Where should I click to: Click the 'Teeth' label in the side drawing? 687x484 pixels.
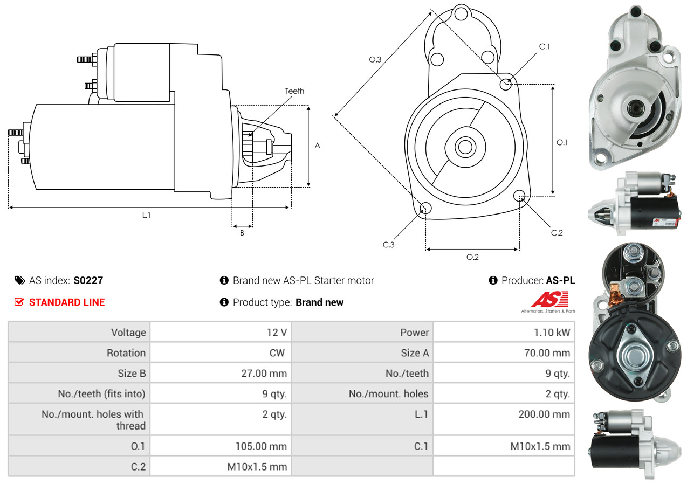click(x=294, y=91)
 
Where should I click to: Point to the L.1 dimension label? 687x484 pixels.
click(x=146, y=215)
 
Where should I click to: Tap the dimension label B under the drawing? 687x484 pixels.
click(x=242, y=233)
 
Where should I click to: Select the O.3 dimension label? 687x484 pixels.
click(x=375, y=60)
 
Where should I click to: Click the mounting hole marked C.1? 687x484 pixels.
click(x=506, y=84)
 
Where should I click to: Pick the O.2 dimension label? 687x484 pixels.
click(x=472, y=257)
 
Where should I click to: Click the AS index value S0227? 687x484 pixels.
click(x=88, y=280)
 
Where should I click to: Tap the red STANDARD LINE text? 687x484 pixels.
click(x=67, y=302)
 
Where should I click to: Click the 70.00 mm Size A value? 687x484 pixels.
click(x=550, y=353)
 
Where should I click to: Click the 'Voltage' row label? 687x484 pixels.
click(x=128, y=333)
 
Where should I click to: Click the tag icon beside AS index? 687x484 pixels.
click(x=19, y=280)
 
